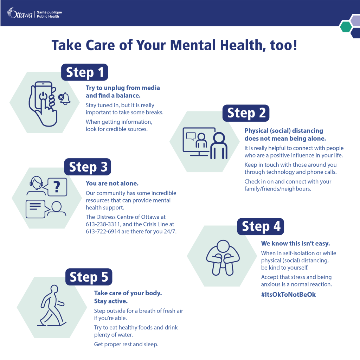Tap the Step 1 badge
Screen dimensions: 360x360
tap(85, 72)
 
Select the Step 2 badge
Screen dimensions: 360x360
tap(246, 113)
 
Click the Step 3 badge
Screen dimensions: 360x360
tap(88, 167)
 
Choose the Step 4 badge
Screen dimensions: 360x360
tap(261, 226)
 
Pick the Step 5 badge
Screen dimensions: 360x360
tap(89, 277)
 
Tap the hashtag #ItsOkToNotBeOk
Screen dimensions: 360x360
tap(288, 295)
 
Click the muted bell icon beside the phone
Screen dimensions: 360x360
tap(64, 98)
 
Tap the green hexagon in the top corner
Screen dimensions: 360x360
tap(346, 26)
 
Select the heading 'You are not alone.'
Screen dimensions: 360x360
tap(112, 183)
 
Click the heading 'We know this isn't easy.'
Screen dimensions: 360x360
tap(295, 244)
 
